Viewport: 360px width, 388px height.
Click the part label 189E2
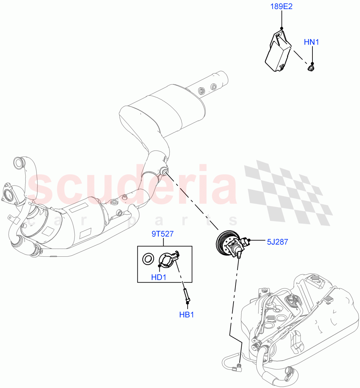(x=281, y=6)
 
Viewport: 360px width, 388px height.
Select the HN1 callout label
(x=311, y=42)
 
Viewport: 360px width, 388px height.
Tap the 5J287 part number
(x=277, y=242)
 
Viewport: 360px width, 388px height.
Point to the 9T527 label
(x=163, y=234)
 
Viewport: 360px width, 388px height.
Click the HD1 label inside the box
(x=158, y=277)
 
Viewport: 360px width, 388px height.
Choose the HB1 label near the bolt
(x=187, y=314)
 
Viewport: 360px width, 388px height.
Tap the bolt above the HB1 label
(x=187, y=295)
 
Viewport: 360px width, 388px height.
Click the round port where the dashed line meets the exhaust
(x=164, y=171)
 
